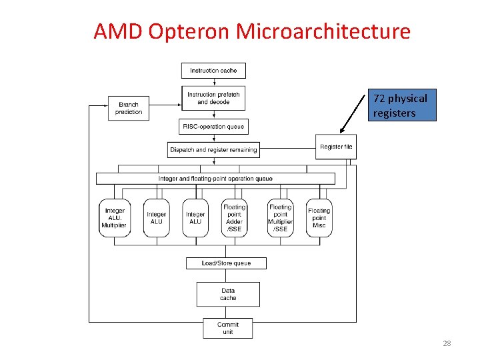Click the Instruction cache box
[x=213, y=70]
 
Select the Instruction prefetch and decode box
[x=213, y=98]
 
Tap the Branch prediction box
[x=129, y=108]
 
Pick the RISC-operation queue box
[x=213, y=126]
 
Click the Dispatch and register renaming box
[x=213, y=150]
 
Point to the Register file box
[x=336, y=147]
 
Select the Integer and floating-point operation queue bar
[x=215, y=179]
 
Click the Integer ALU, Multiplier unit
[x=114, y=218]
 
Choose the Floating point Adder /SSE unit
[x=234, y=218]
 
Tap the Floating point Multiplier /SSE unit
[x=280, y=218]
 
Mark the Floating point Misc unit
[x=319, y=218]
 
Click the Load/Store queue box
[x=226, y=263]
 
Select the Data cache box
[x=228, y=294]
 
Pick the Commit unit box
[x=228, y=328]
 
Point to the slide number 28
[x=447, y=343]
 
